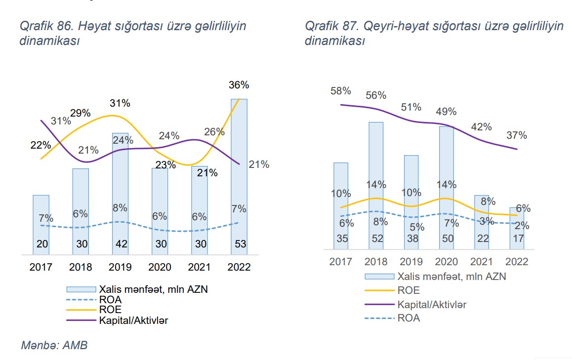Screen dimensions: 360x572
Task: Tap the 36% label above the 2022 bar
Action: pos(239,85)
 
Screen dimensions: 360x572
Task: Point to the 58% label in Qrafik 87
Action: pos(341,91)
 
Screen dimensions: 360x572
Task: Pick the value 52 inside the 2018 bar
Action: pos(376,238)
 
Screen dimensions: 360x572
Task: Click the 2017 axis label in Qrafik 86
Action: pos(41,267)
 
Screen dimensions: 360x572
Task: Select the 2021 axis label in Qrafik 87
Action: pos(481,262)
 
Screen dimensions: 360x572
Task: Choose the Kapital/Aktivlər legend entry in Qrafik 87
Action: pos(432,304)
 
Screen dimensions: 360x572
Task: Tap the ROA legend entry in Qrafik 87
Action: pos(409,318)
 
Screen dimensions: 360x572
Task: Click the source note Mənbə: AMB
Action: pos(54,345)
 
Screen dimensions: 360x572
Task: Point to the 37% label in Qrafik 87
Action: pos(517,135)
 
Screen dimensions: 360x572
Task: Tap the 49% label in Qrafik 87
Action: pos(447,112)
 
